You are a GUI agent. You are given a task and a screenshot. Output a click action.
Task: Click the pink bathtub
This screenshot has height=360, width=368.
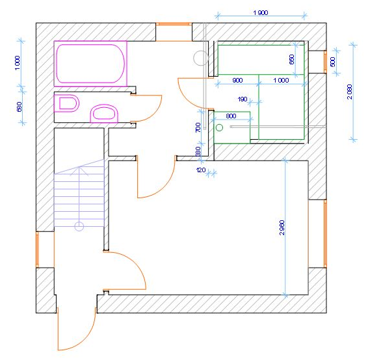(90, 64)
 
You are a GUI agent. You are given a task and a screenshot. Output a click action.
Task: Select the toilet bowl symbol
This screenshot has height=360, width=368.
(66, 103)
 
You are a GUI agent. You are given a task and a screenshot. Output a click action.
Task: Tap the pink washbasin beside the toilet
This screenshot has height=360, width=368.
(104, 114)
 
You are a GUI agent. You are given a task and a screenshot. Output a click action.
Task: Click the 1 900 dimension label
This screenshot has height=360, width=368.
(261, 12)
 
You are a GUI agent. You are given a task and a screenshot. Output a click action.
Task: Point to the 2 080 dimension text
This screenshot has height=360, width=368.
(350, 92)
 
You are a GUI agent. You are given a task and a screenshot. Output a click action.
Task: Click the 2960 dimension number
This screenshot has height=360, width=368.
(282, 227)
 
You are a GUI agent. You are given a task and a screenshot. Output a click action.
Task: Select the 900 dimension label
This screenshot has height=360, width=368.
(237, 80)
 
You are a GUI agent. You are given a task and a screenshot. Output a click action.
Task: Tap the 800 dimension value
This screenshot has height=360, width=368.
(231, 116)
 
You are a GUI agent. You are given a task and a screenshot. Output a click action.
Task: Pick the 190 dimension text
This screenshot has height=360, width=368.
(243, 99)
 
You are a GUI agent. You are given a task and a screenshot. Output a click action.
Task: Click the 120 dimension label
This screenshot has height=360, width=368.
(201, 170)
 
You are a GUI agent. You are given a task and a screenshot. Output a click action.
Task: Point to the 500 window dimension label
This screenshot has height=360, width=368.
(332, 62)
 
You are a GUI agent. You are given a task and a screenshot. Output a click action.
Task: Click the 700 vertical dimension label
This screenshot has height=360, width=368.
(198, 127)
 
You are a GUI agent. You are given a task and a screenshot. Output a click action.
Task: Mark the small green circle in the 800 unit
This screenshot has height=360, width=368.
(219, 127)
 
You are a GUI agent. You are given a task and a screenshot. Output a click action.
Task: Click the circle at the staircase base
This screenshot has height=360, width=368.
(79, 227)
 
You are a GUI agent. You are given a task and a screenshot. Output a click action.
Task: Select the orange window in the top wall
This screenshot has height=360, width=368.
(174, 24)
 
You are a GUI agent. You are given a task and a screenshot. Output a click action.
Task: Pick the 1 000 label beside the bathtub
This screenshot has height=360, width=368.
(18, 62)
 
